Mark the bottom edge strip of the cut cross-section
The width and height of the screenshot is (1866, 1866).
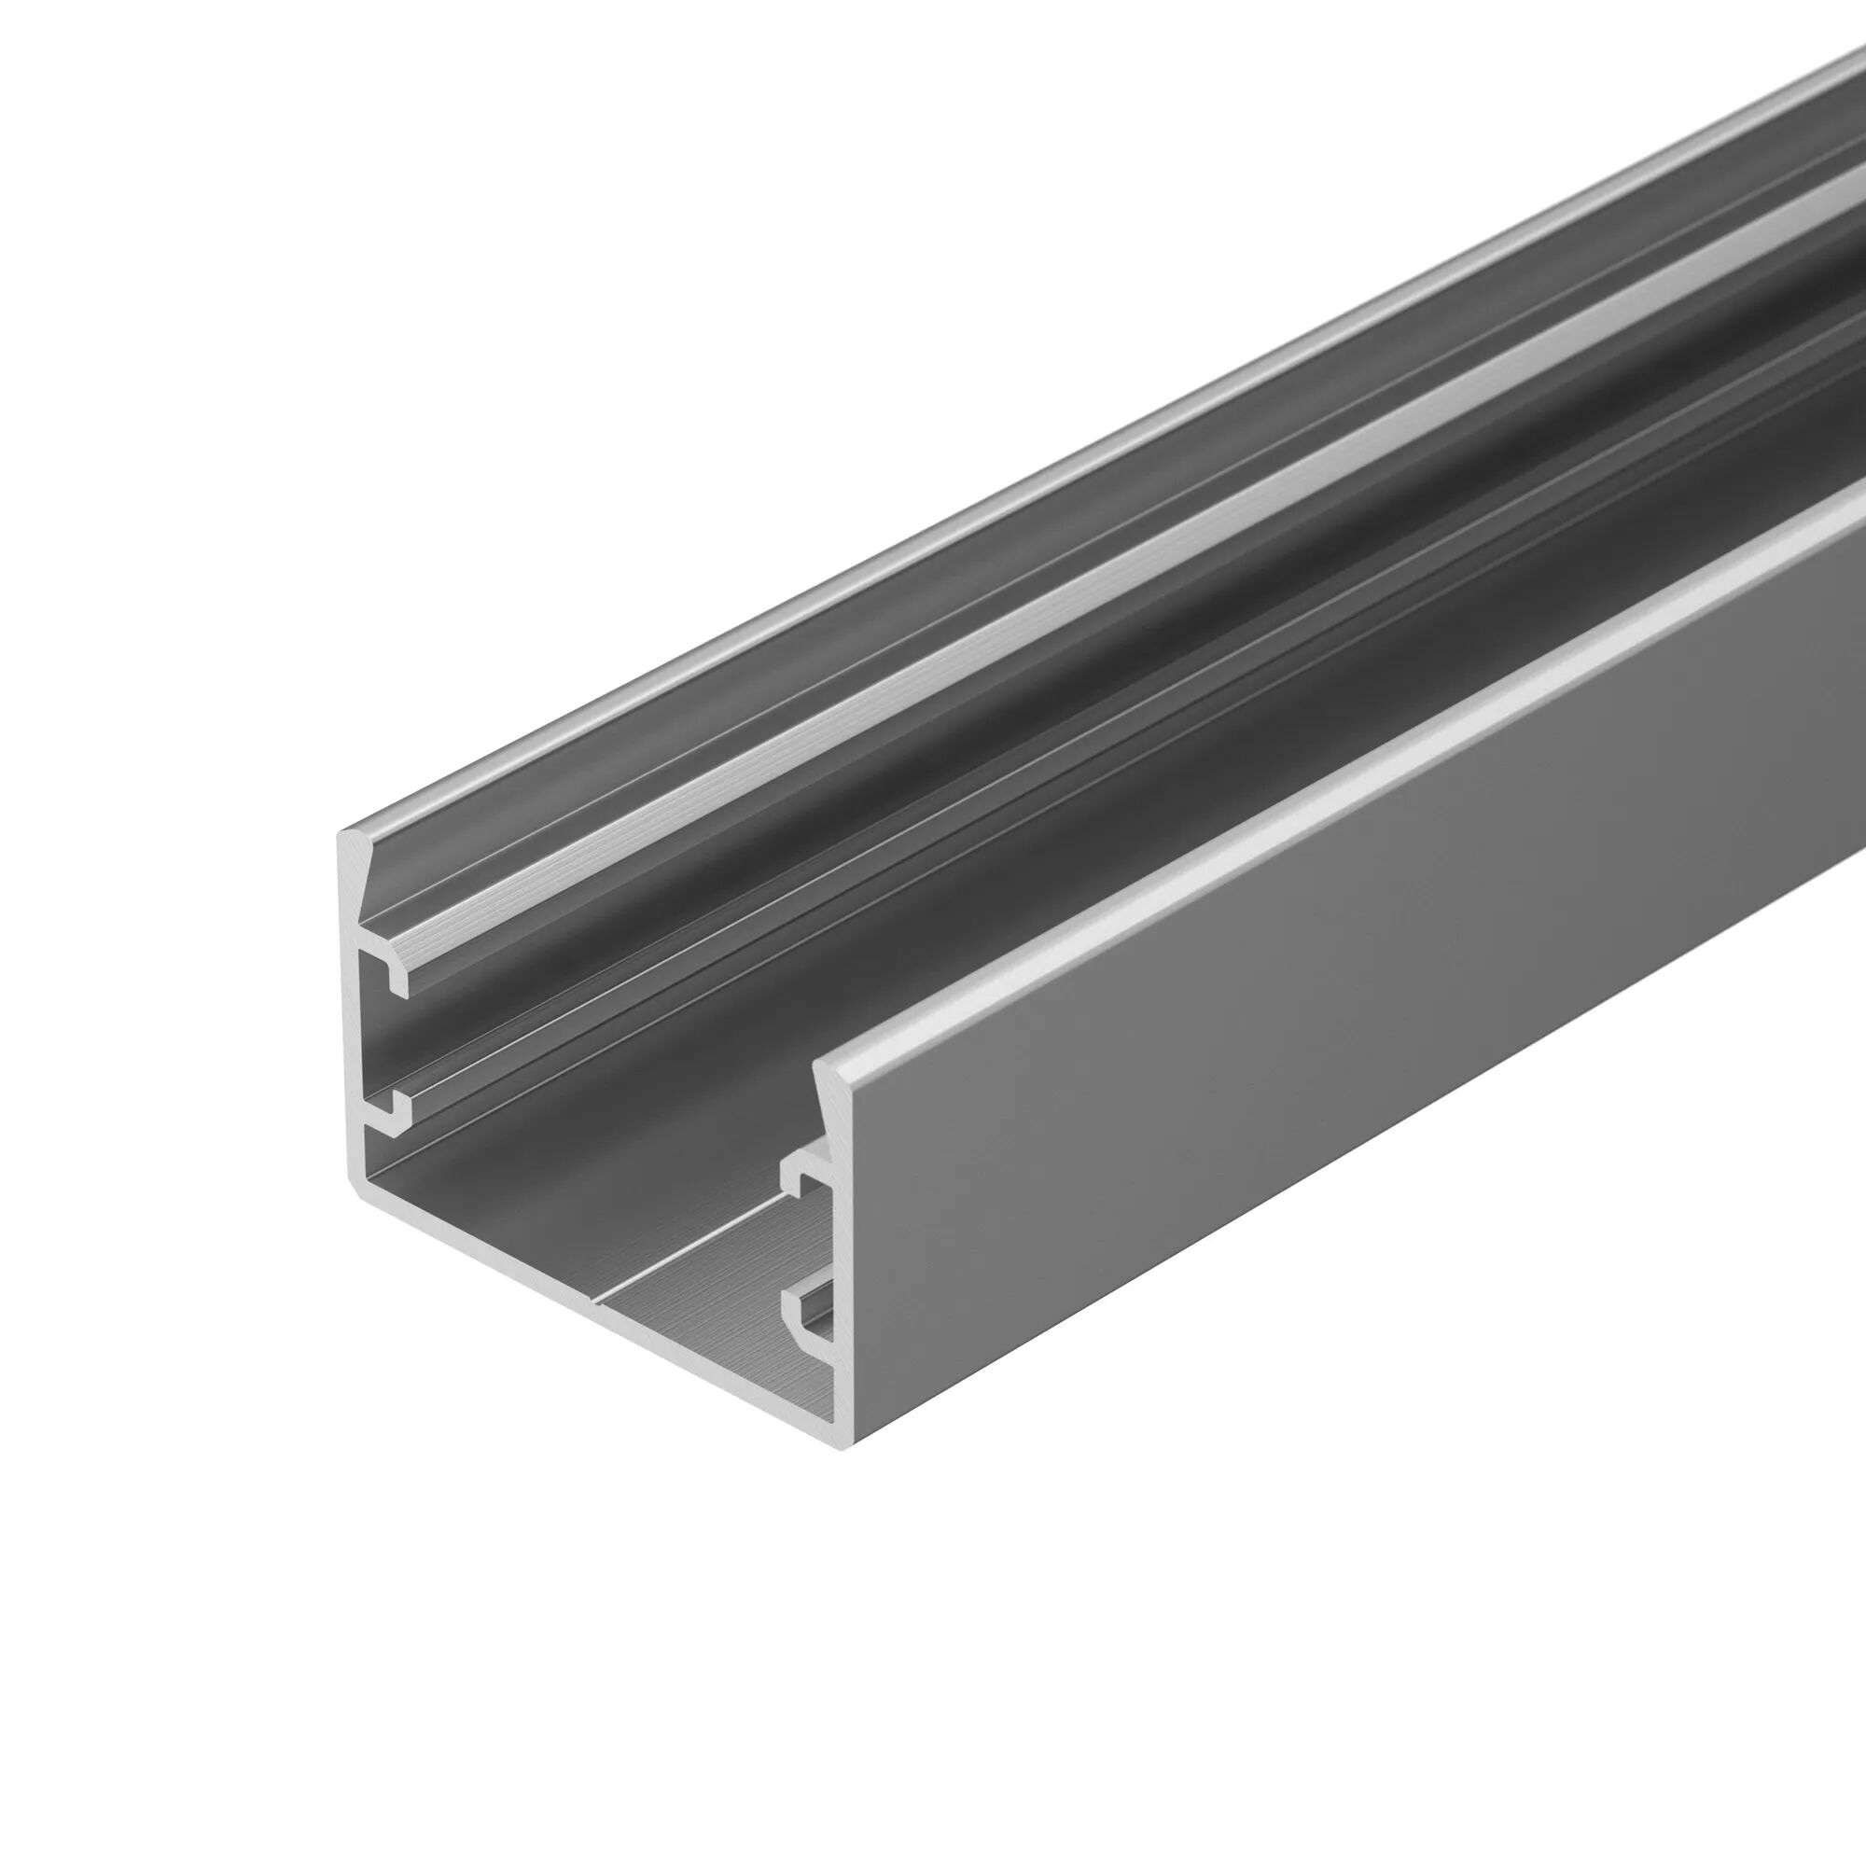(x=599, y=1318)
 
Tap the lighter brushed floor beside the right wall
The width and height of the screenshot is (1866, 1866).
(x=734, y=1333)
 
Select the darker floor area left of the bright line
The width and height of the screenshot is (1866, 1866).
(x=541, y=1207)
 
